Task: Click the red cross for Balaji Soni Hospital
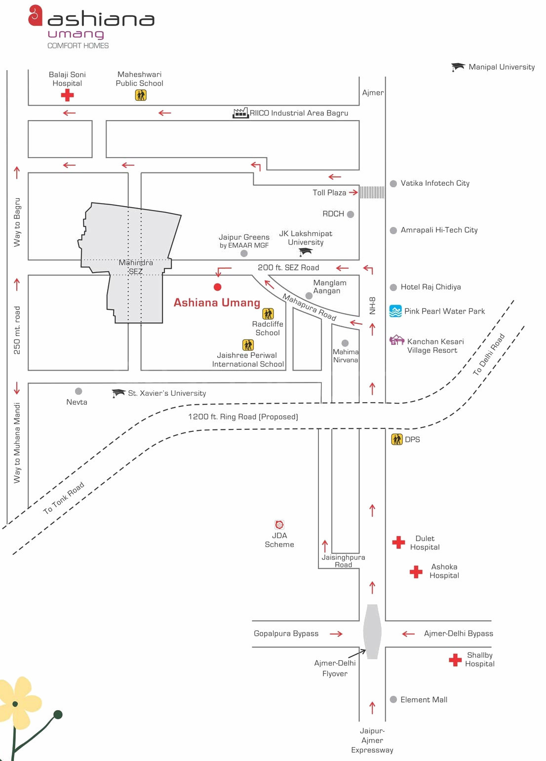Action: point(67,95)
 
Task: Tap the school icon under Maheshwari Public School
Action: point(141,95)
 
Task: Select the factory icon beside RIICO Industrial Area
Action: point(240,113)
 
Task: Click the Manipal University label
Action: point(501,67)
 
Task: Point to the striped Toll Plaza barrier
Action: point(372,192)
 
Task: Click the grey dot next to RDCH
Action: point(351,214)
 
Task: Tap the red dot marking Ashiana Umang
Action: point(217,287)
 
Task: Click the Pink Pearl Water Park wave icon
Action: point(395,311)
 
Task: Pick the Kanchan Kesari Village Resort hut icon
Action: point(397,340)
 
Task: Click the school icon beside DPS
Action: point(397,439)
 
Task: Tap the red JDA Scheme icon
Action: point(279,525)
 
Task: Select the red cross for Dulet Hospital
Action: point(398,543)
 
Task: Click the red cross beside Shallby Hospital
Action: point(455,660)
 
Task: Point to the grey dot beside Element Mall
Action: point(393,700)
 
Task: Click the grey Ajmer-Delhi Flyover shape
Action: point(372,632)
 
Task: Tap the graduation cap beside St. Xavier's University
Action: point(118,393)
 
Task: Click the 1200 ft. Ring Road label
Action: point(243,417)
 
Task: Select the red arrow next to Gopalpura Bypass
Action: point(336,634)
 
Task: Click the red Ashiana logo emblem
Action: point(35,15)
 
